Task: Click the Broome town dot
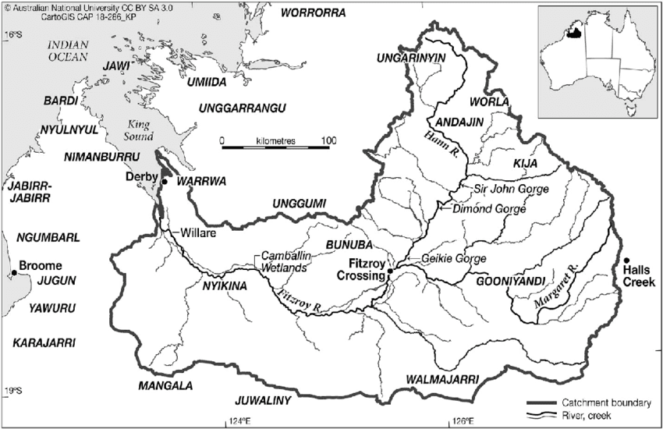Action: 13,273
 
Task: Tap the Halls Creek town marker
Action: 626,261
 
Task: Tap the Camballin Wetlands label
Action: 284,261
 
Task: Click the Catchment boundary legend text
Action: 606,402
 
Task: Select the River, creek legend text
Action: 593,416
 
